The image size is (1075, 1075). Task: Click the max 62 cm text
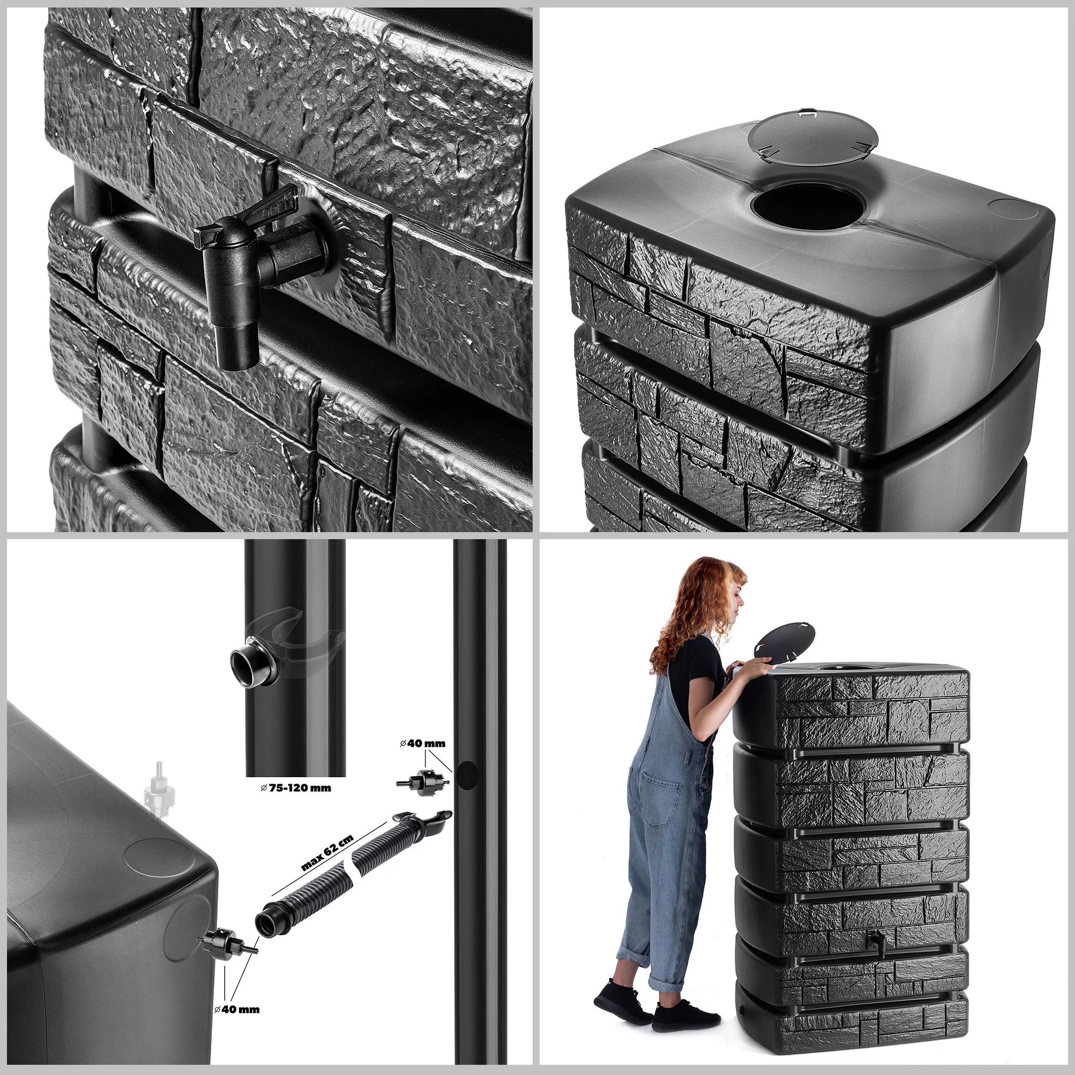coord(327,854)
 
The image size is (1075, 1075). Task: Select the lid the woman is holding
coord(784,642)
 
